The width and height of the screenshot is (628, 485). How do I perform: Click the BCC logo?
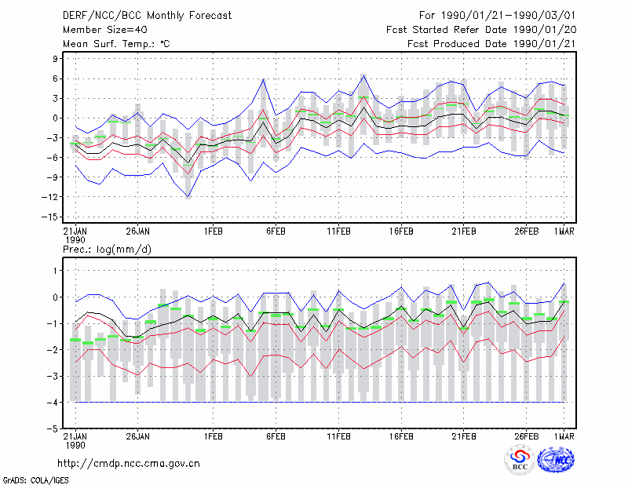click(x=520, y=459)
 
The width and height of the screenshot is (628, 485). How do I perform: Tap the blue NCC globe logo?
click(x=556, y=460)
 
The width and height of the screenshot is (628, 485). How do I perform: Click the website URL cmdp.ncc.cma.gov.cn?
click(x=129, y=464)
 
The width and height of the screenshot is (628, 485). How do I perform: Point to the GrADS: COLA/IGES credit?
click(x=35, y=480)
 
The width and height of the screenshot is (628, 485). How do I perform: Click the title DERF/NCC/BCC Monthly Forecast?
click(x=147, y=16)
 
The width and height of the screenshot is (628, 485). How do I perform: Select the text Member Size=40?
click(x=105, y=30)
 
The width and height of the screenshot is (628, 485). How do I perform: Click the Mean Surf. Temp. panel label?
click(x=116, y=44)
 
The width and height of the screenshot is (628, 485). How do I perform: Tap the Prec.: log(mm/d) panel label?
click(x=107, y=250)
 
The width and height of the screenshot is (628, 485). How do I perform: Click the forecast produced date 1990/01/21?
click(x=544, y=44)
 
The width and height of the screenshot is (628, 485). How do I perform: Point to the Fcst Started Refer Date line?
click(x=481, y=30)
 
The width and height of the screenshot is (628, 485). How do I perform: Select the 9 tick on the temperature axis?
click(x=55, y=59)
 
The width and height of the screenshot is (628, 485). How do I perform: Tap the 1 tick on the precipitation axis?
click(x=56, y=271)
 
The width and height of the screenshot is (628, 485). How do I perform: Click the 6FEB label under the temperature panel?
click(x=276, y=232)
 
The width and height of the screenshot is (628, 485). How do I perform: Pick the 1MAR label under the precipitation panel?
click(x=564, y=436)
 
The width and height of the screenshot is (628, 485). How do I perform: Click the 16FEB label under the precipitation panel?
click(x=401, y=436)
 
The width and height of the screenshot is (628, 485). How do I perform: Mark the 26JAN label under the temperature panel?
click(x=137, y=232)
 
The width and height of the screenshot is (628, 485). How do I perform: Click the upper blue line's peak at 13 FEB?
click(x=363, y=75)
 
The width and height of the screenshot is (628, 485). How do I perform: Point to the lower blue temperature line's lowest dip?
click(x=188, y=197)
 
